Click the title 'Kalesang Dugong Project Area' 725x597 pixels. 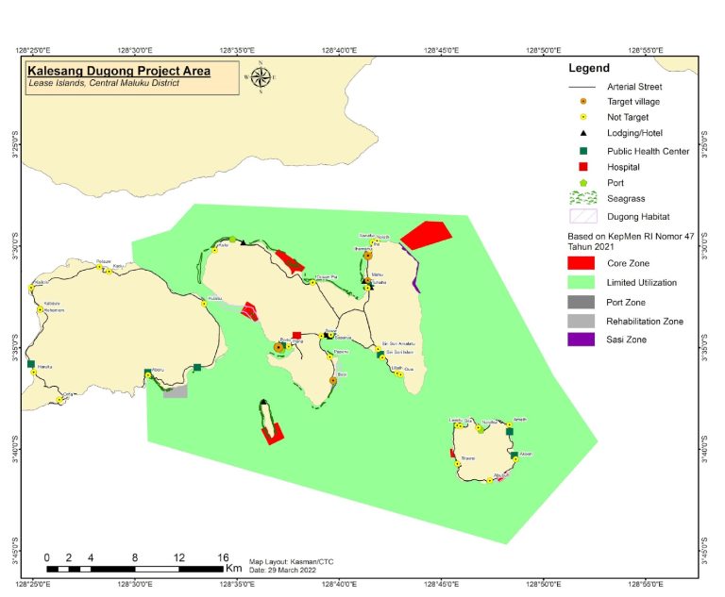119,71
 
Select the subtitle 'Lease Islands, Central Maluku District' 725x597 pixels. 104,84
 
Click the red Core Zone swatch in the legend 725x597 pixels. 582,263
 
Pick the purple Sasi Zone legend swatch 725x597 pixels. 582,340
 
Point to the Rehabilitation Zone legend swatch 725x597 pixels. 582,321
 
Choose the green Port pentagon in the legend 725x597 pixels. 582,183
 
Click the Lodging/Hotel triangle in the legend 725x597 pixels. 582,134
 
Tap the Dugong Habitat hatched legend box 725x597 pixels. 582,217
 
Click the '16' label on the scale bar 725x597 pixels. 223,557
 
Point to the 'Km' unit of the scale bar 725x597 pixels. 232,569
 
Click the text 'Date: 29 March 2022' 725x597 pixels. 283,570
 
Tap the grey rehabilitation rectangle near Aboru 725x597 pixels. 175,390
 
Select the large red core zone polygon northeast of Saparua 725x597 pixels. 427,234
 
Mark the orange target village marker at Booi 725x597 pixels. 333,381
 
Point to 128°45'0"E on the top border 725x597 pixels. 441,50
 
